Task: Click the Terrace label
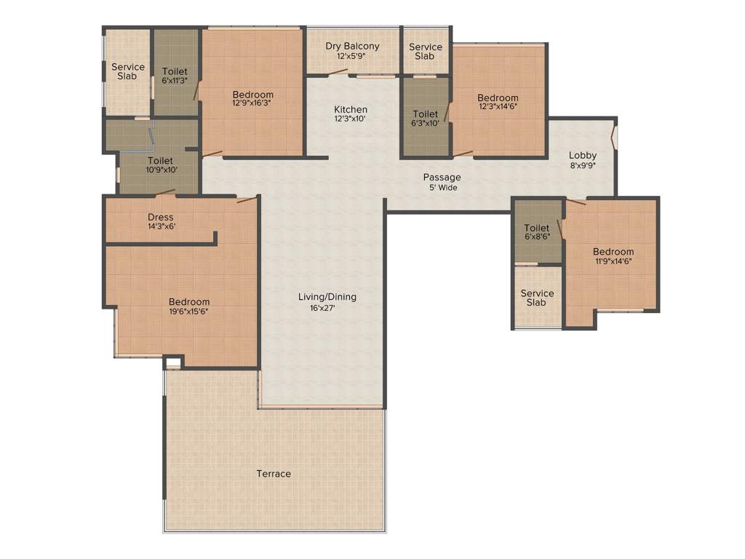[x=274, y=474]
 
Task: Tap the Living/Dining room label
[x=327, y=297]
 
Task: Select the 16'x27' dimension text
[x=327, y=308]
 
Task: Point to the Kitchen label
[x=351, y=109]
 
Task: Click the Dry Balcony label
[x=352, y=47]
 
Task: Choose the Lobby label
[x=583, y=155]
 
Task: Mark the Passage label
[x=442, y=177]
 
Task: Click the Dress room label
[x=161, y=217]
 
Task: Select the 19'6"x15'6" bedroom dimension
[x=189, y=312]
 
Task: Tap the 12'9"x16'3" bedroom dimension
[x=253, y=105]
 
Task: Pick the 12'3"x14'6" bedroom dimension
[x=498, y=108]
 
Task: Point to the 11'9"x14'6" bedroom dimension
[x=613, y=262]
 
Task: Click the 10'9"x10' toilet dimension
[x=160, y=170]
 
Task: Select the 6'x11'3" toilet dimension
[x=175, y=80]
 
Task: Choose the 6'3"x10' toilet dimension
[x=426, y=124]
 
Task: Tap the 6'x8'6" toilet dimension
[x=537, y=237]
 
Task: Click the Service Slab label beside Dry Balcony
[x=426, y=52]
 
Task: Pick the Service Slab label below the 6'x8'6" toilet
[x=537, y=298]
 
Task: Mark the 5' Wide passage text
[x=442, y=187]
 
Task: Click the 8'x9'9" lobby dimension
[x=583, y=165]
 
